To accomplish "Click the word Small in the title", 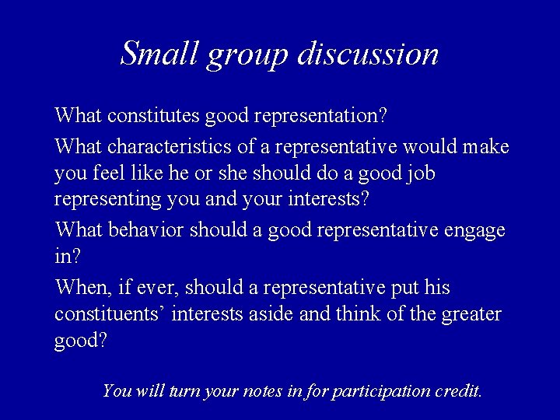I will (x=159, y=53).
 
